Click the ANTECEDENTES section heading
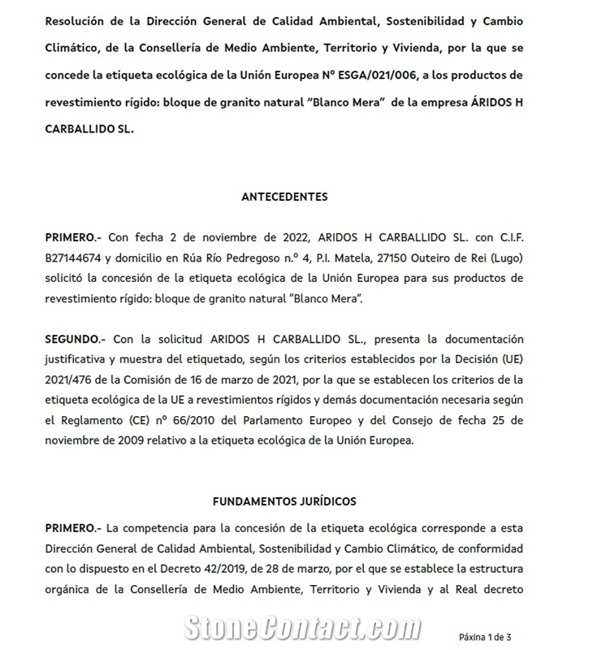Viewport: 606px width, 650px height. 284,197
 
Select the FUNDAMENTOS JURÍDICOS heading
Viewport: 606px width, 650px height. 284,501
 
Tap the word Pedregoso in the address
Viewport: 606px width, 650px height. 279,258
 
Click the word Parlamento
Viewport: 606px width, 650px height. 303,421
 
